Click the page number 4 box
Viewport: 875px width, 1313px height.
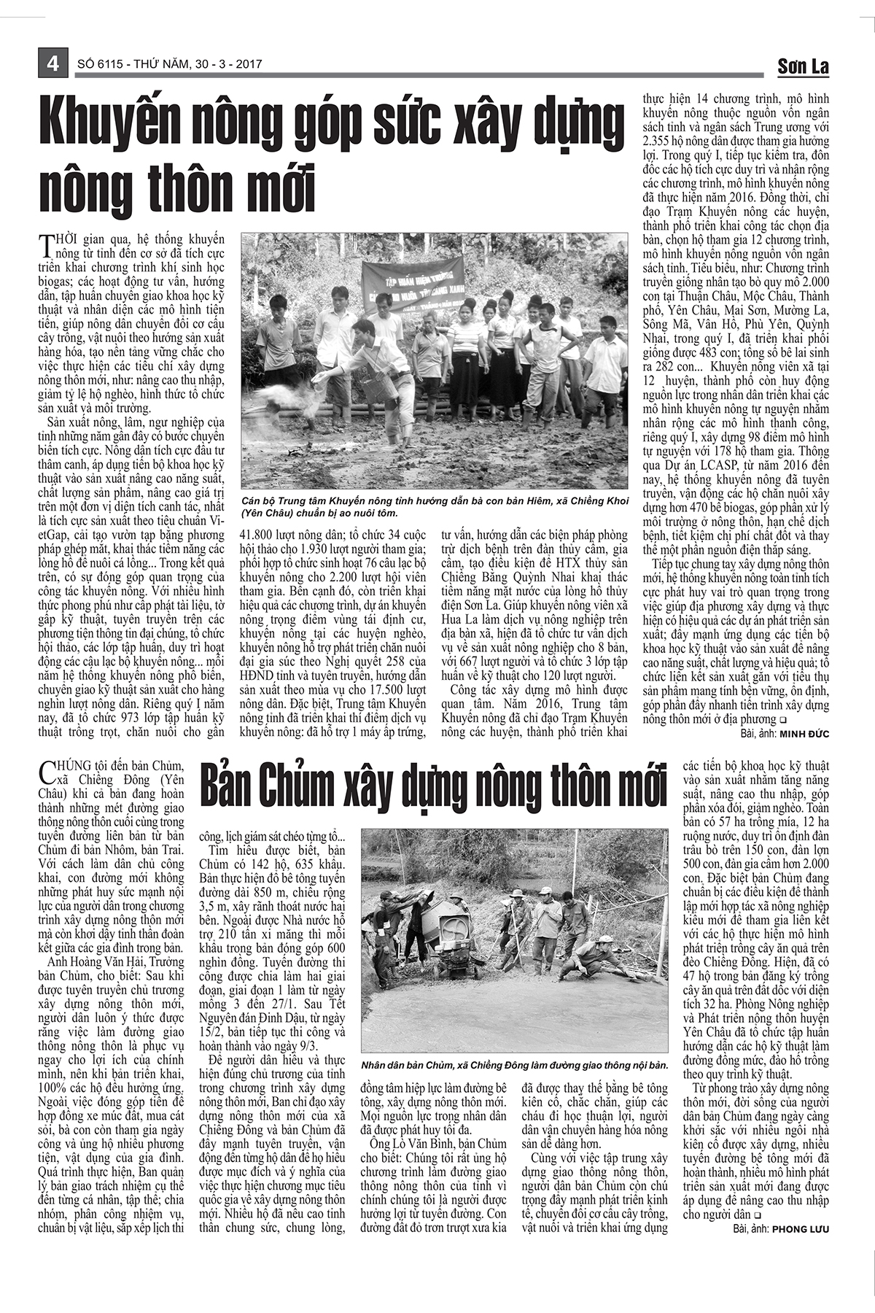(x=52, y=63)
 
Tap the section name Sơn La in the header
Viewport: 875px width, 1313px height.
(x=803, y=66)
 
